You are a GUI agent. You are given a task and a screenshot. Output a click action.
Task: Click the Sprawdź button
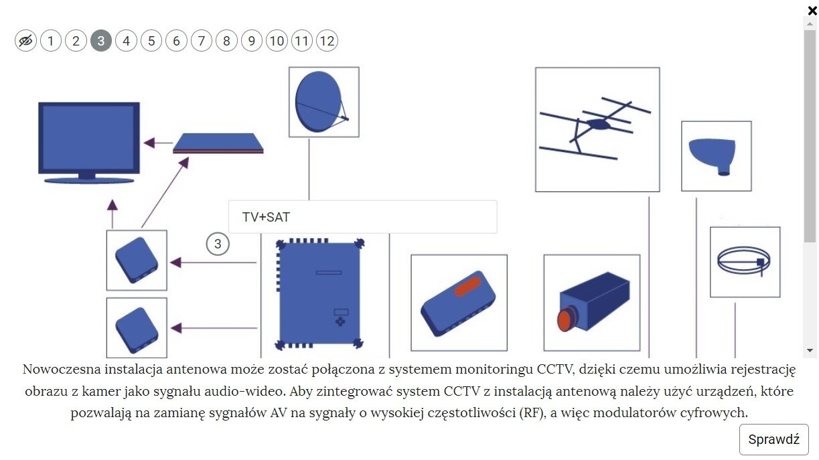[x=773, y=440]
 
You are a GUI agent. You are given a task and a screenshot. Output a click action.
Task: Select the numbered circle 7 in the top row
[x=201, y=42]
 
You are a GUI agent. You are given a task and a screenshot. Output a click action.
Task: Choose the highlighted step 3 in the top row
[x=100, y=42]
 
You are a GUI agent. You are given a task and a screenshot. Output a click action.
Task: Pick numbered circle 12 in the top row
[x=327, y=42]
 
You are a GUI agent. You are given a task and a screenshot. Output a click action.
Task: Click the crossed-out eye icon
[x=25, y=42]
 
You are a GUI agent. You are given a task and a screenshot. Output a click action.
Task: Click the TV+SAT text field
[x=362, y=217]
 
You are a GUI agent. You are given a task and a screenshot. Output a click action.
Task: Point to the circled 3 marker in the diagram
[x=217, y=244]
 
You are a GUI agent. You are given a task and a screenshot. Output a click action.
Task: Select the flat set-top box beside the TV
[x=218, y=143]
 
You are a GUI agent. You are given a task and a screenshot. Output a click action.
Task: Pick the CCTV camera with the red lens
[x=591, y=303]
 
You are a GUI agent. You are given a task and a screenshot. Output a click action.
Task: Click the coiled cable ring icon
[x=744, y=261]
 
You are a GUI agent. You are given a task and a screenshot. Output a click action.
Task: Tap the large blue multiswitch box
[x=319, y=293]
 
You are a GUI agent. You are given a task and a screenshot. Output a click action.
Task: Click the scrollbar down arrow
[x=810, y=350]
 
